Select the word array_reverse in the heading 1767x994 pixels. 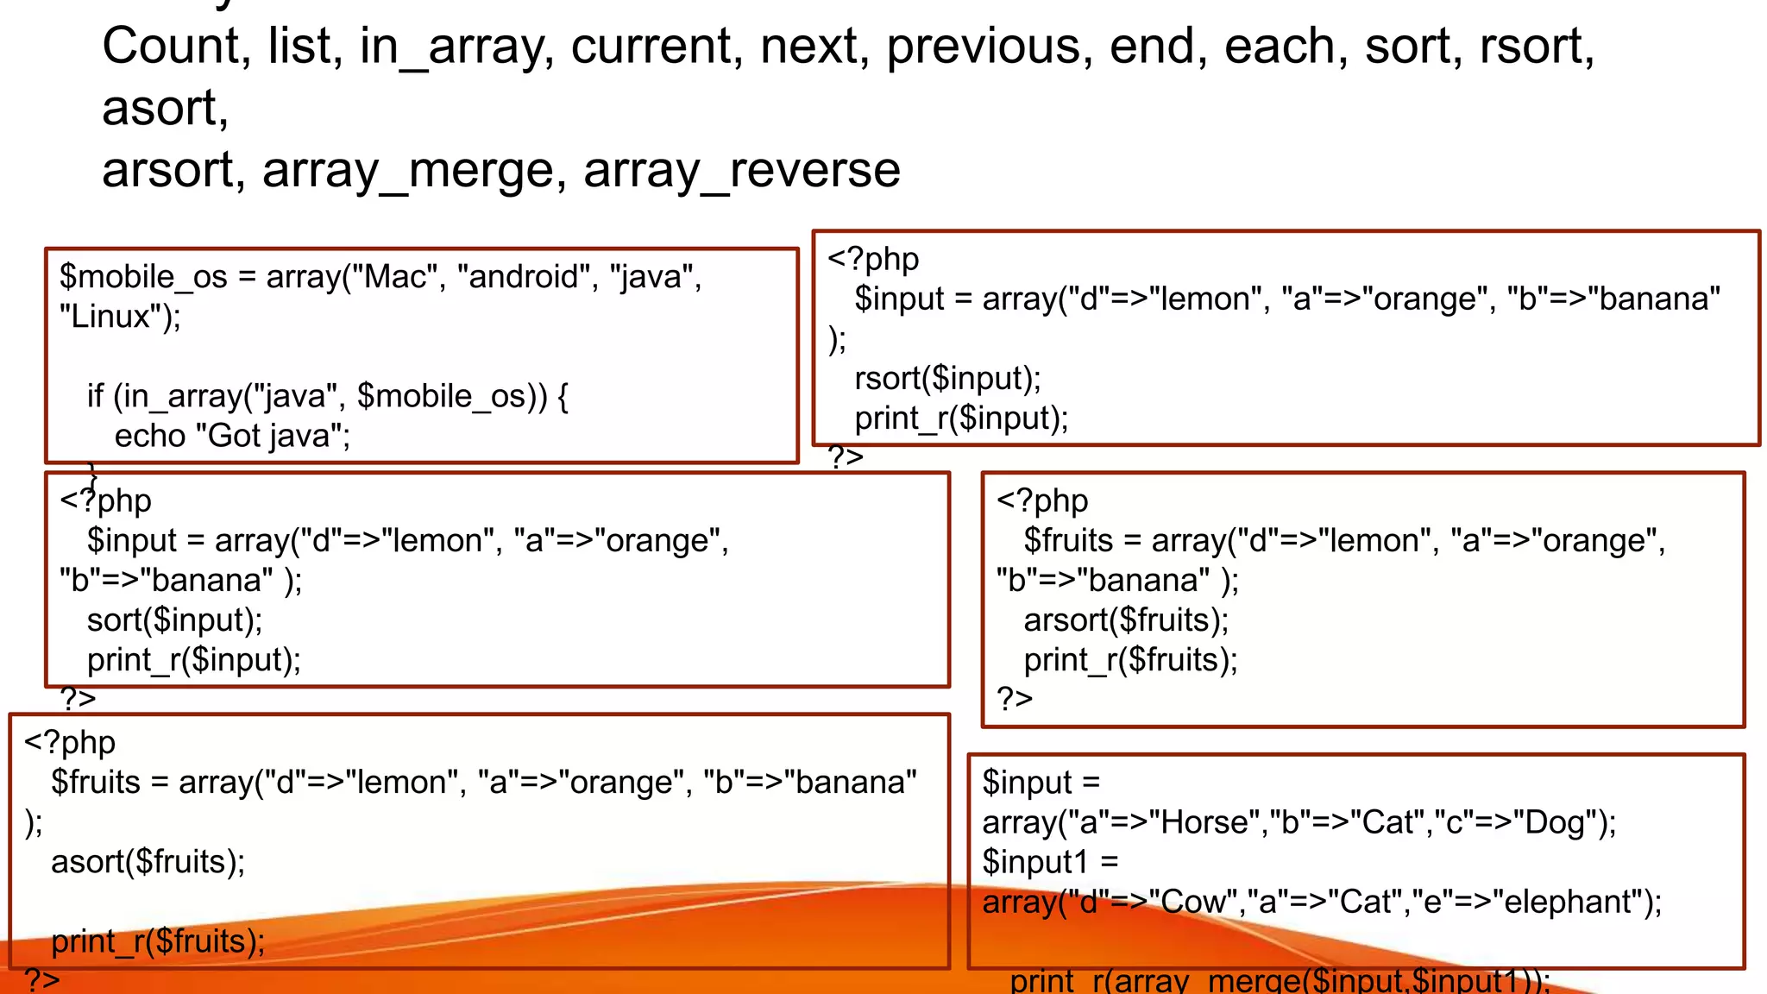click(742, 170)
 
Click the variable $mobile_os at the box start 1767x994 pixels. click(143, 277)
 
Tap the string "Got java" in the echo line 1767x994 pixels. click(271, 436)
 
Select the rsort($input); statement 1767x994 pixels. click(947, 379)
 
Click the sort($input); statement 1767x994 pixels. click(174, 620)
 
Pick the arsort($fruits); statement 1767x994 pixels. click(1126, 620)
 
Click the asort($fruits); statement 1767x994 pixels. click(148, 862)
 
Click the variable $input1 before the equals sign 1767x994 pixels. click(1034, 862)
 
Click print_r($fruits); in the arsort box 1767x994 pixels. click(1130, 660)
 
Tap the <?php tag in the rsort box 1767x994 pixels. click(872, 259)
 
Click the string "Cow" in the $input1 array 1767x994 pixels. click(1193, 902)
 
